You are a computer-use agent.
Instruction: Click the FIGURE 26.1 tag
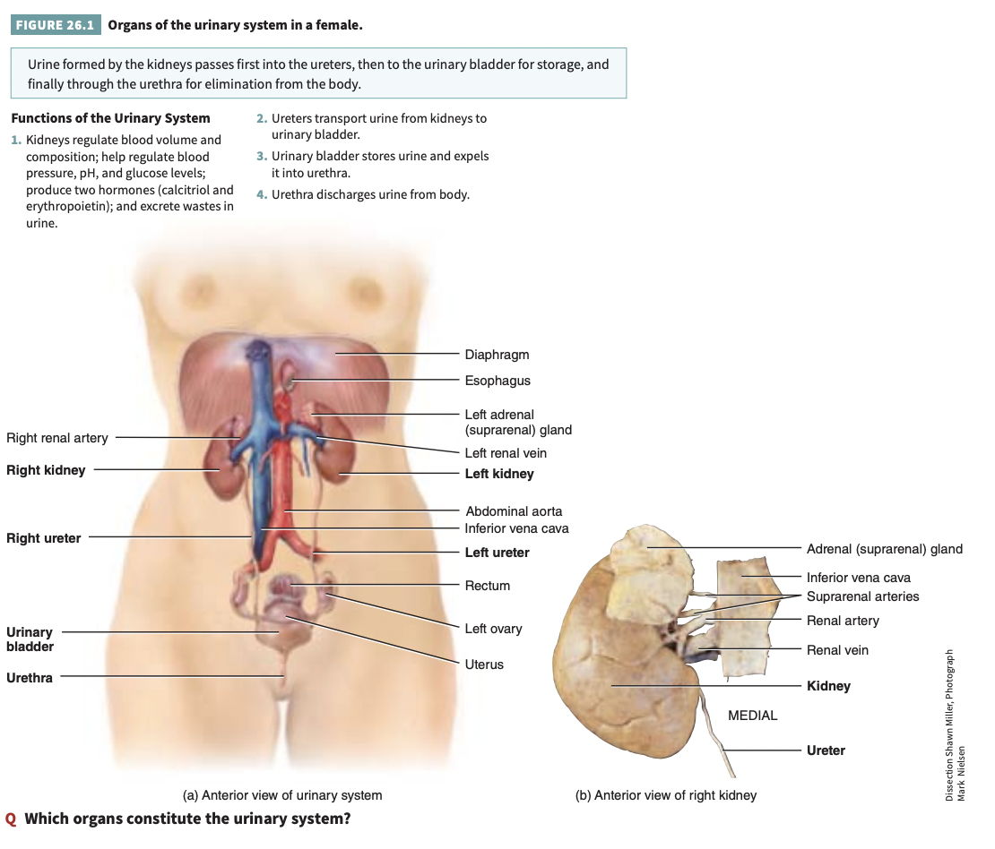click(56, 25)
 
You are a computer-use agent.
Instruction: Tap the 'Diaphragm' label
click(497, 355)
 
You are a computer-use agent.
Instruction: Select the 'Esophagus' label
click(497, 381)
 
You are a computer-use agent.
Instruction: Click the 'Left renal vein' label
click(506, 453)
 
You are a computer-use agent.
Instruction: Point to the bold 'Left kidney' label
click(499, 474)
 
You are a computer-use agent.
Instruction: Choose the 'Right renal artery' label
click(57, 438)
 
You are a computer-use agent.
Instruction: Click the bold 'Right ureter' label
click(44, 538)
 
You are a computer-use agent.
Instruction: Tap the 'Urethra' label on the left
click(30, 678)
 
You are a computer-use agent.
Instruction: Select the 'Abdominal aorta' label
click(514, 511)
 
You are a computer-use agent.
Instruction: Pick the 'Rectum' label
click(488, 586)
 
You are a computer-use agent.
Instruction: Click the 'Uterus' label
click(484, 665)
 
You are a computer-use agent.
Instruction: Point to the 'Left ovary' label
click(493, 629)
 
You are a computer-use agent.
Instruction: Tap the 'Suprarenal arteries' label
click(862, 596)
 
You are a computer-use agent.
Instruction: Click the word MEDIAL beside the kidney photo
click(753, 716)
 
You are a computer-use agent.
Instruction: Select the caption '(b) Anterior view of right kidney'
click(666, 795)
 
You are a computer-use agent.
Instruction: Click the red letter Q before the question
click(11, 819)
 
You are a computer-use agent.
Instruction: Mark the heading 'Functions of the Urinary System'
click(110, 118)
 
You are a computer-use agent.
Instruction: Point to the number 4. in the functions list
click(261, 194)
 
